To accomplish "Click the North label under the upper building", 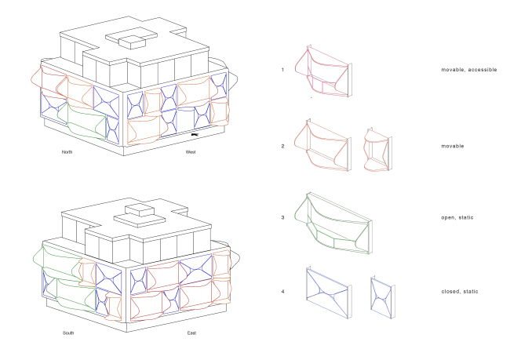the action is click(67, 152).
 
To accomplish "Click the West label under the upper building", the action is click(191, 152).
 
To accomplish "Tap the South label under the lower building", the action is click(68, 333).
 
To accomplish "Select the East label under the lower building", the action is click(191, 333).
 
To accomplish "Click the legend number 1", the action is click(282, 70).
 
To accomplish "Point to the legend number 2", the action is click(282, 146).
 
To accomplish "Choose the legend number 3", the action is click(282, 217).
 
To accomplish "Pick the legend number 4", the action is click(282, 292).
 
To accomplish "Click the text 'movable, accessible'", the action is click(469, 70).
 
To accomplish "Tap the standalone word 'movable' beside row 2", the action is click(453, 146).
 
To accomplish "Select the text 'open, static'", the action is click(457, 217).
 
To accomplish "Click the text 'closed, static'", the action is click(460, 292).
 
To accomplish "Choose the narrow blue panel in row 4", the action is click(381, 297).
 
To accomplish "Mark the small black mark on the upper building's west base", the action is click(195, 134).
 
